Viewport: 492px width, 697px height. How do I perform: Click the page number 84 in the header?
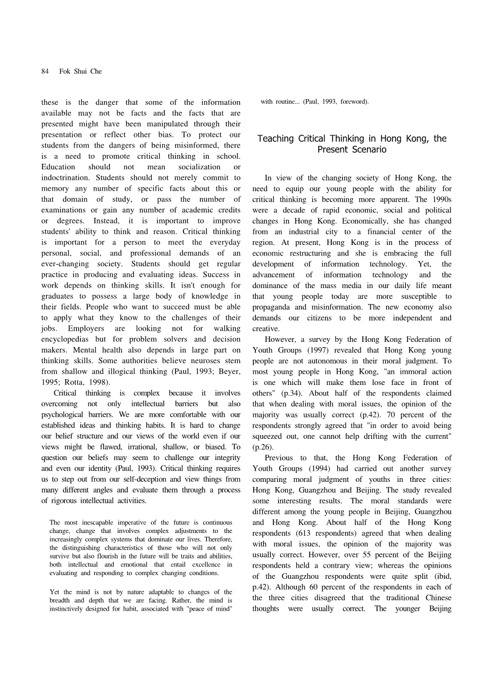point(45,71)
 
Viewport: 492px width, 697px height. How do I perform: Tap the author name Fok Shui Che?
point(80,71)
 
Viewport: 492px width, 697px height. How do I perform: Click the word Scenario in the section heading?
point(366,150)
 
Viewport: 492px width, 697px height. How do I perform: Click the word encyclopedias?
point(69,339)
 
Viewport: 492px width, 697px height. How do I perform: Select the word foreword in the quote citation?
point(352,102)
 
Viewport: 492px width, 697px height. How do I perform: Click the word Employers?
point(86,329)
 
